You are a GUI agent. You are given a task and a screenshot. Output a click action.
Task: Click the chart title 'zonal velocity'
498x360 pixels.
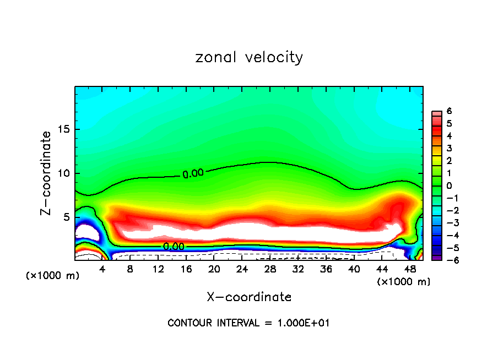[x=249, y=57]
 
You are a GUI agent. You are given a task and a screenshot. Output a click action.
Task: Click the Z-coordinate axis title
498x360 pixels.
[x=47, y=173]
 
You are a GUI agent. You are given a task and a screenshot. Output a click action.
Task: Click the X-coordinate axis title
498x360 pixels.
[x=249, y=297]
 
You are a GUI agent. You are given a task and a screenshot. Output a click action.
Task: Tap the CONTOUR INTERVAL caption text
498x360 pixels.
[x=248, y=323]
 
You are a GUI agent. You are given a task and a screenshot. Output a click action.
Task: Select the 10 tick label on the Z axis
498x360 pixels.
[x=63, y=173]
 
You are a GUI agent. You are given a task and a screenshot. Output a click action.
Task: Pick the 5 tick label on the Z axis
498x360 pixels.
[x=66, y=217]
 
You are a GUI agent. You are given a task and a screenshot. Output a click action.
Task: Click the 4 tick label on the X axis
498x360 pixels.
[x=102, y=269]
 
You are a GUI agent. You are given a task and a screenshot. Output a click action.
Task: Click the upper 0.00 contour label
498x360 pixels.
[x=193, y=173]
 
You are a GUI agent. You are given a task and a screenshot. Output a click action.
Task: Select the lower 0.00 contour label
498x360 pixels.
[x=174, y=247]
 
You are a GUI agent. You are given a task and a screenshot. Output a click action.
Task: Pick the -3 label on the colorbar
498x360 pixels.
[x=448, y=223]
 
